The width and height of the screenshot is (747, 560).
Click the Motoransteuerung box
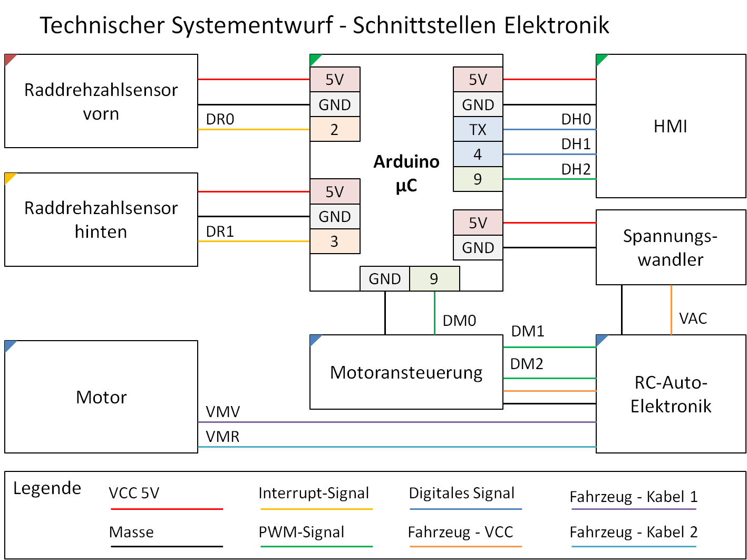pos(406,372)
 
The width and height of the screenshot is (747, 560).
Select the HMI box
pos(671,127)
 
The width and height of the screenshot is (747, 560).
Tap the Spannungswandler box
pos(671,247)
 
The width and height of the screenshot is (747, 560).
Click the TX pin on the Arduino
pos(478,129)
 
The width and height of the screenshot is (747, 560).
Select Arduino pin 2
pos(335,129)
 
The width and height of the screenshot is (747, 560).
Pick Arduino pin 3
pos(335,242)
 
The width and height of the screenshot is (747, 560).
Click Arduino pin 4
pos(478,154)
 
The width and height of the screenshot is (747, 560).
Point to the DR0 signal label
pos(220,120)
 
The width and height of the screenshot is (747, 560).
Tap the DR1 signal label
pos(220,231)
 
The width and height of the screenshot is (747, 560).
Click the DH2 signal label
pos(576,169)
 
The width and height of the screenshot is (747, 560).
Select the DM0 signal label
pos(459,321)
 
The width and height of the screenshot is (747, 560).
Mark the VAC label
pos(693,318)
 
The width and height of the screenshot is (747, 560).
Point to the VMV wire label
pos(223,412)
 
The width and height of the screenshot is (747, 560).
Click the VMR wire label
pos(222,437)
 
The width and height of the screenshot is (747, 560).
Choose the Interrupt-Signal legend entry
pos(314,493)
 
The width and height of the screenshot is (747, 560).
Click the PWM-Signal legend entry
pos(301,532)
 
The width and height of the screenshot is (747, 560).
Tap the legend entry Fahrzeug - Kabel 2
pos(633,532)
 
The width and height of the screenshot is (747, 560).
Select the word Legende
pos(47,488)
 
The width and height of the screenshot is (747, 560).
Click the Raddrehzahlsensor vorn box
pos(101,101)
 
